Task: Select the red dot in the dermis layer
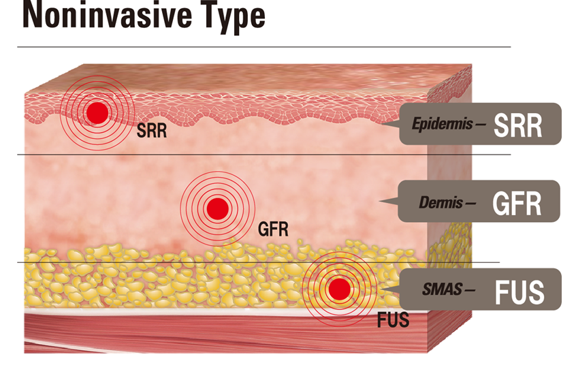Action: (217, 206)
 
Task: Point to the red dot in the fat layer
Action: (338, 289)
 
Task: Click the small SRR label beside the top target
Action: (151, 131)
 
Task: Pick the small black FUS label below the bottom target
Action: (393, 319)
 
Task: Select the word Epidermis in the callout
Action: (437, 125)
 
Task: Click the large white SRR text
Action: (518, 125)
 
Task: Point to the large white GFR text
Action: (517, 203)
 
